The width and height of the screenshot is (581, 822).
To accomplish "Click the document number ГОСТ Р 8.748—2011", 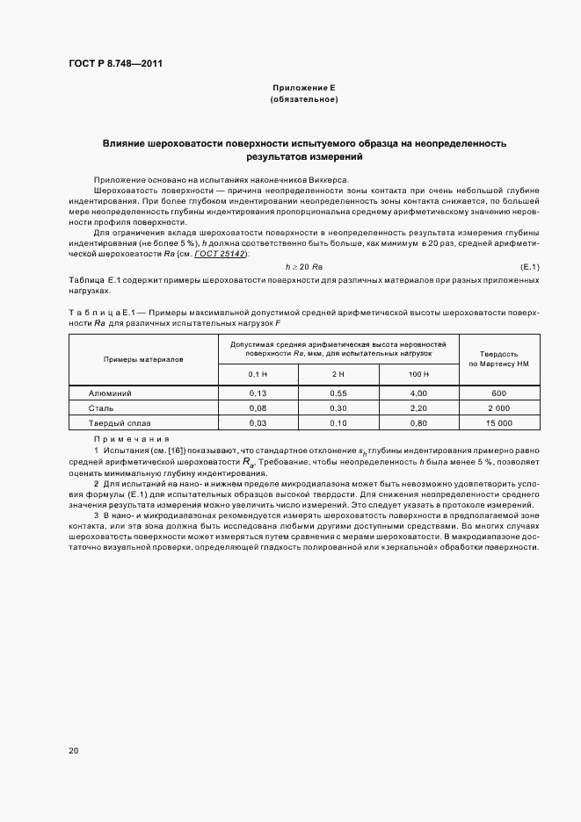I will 115,64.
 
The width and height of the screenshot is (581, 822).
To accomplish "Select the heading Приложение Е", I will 304,89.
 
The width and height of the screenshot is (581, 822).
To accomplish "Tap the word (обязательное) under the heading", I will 304,99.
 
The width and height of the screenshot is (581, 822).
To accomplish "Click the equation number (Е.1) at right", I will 530,266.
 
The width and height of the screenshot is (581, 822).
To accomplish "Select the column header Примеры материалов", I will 143,359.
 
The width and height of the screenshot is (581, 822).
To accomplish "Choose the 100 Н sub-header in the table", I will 418,374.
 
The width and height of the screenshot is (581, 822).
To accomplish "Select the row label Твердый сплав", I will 114,422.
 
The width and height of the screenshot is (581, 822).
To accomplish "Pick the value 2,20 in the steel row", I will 418,407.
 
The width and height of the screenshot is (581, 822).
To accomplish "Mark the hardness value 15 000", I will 498,422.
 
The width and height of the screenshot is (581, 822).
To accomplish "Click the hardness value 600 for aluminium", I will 498,393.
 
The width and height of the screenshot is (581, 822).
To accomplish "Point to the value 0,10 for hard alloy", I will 338,422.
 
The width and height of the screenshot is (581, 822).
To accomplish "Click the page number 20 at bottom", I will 74,750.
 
